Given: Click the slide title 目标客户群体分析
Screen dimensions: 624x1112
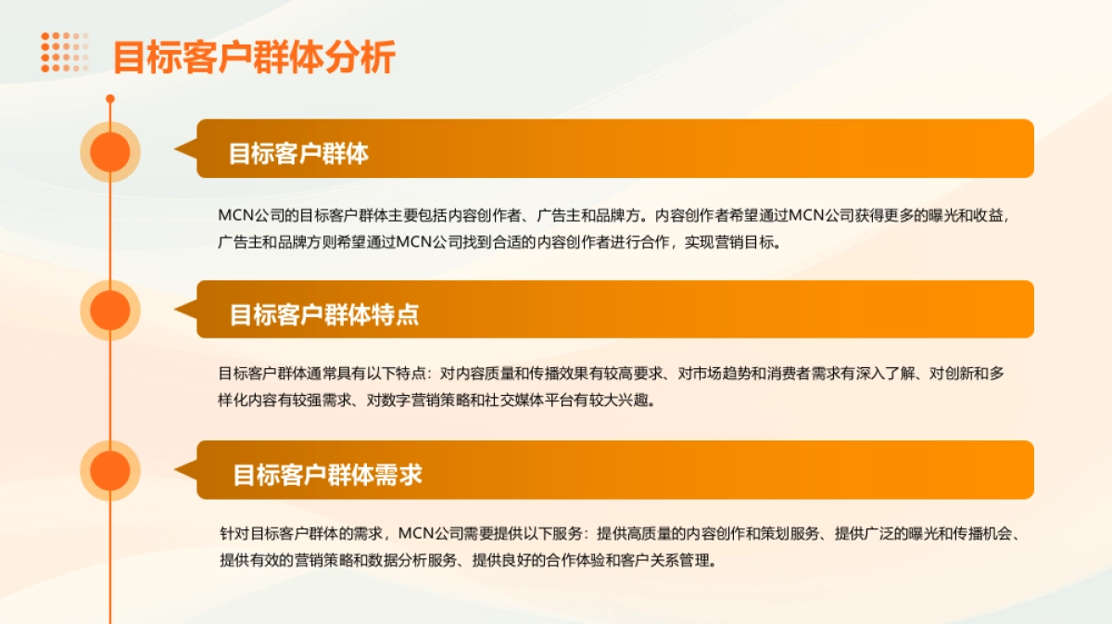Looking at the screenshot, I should [254, 57].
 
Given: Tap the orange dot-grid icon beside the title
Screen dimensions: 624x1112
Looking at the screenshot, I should [64, 52].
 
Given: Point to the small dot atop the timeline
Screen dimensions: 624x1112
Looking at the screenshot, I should [110, 98].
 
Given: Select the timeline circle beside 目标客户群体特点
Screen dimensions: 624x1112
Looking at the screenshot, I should [110, 310].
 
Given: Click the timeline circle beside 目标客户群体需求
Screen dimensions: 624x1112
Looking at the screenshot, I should [110, 471].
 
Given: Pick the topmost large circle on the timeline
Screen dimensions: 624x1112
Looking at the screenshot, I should [110, 152].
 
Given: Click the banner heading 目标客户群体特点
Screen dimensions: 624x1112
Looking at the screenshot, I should [324, 314].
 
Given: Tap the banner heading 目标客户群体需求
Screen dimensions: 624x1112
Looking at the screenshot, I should [327, 476].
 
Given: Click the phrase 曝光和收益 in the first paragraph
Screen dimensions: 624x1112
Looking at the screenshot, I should [965, 216].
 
